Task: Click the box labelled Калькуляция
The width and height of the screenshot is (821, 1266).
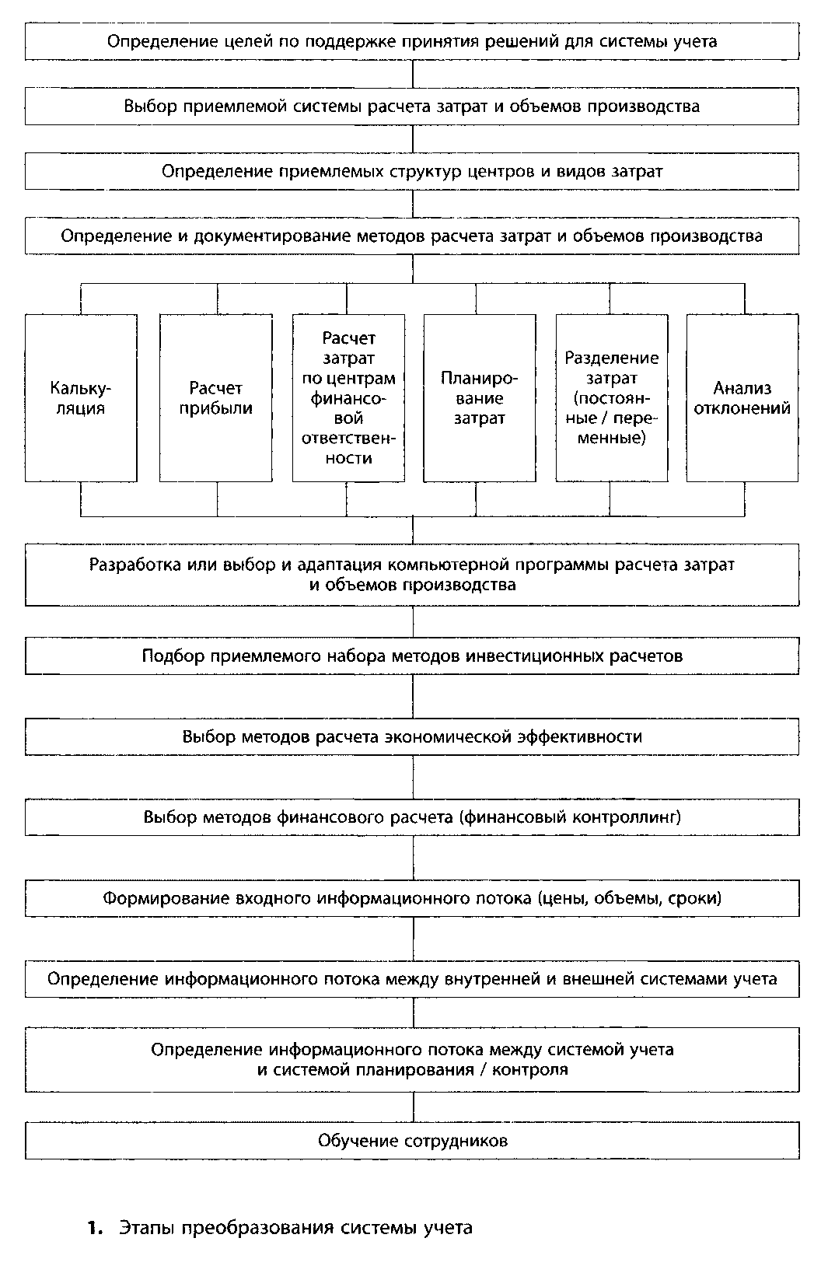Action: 81,397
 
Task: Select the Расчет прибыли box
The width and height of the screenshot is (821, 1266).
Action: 215,397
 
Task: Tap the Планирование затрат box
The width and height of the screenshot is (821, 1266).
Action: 479,397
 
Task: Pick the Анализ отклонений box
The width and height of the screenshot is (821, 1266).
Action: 742,397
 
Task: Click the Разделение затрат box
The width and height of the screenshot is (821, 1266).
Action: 611,397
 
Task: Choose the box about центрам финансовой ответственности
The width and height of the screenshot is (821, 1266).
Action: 348,397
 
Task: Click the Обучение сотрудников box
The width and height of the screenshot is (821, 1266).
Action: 412,1141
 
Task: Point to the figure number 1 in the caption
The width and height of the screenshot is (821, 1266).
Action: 95,1229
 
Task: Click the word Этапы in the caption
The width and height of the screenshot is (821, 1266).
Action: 145,1229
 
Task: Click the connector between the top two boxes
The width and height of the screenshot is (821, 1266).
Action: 412,74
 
